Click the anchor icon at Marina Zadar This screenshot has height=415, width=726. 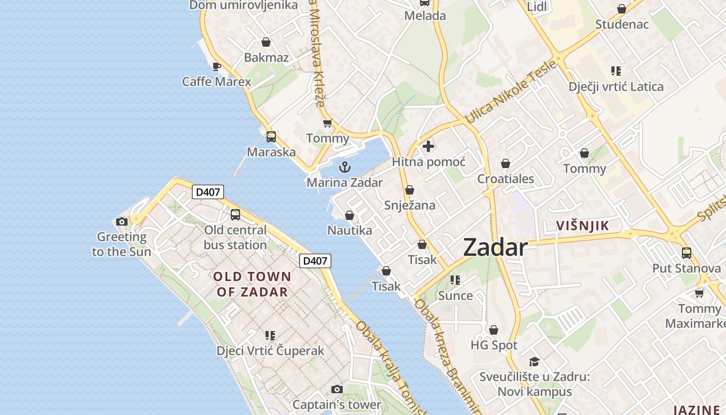(x=344, y=167)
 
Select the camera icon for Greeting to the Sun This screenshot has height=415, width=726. (x=122, y=222)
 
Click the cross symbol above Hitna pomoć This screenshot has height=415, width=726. (x=428, y=146)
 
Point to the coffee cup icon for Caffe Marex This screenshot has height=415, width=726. (x=217, y=66)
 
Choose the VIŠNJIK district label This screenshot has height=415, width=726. (x=582, y=226)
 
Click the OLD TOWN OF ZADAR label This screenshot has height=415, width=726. (x=252, y=284)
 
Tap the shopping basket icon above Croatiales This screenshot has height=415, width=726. (x=506, y=164)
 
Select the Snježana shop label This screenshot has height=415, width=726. (x=410, y=205)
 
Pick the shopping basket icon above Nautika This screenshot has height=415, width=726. (x=350, y=215)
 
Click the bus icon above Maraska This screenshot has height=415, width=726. (x=271, y=137)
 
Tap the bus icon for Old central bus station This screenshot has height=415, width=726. (x=235, y=214)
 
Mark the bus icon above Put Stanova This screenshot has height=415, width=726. (x=687, y=253)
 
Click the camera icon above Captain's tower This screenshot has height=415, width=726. (x=337, y=389)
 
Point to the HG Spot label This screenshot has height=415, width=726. (x=494, y=345)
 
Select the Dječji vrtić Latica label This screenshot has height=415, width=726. (x=616, y=87)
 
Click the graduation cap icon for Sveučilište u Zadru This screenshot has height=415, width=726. (x=534, y=362)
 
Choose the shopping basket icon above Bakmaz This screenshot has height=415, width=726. (x=266, y=42)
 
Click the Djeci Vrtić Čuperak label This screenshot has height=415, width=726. (x=270, y=351)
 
